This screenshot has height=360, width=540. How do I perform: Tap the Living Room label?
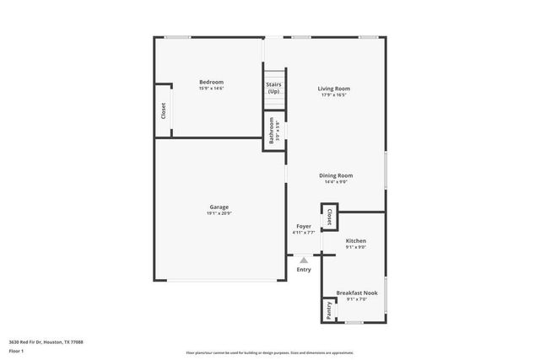tap(334, 89)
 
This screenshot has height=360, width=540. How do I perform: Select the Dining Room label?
tap(336, 175)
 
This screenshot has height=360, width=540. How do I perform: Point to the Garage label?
tap(219, 207)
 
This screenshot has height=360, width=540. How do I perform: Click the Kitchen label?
tap(356, 241)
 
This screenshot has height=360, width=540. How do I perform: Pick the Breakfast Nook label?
tap(357, 293)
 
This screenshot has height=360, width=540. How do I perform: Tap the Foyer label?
tap(303, 226)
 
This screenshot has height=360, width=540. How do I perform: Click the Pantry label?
tap(328, 309)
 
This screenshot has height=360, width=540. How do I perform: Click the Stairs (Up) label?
tap(273, 88)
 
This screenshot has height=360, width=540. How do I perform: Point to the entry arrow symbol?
tap(304, 261)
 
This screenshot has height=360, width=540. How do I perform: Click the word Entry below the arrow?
tap(304, 270)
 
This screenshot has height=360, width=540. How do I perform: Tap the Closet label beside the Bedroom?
tap(163, 110)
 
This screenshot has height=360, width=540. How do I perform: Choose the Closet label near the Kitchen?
tap(330, 217)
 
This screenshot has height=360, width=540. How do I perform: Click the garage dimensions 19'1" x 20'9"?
tap(219, 214)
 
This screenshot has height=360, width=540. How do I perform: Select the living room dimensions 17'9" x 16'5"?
tap(334, 95)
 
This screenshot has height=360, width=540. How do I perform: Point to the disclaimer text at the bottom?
tap(269, 353)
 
